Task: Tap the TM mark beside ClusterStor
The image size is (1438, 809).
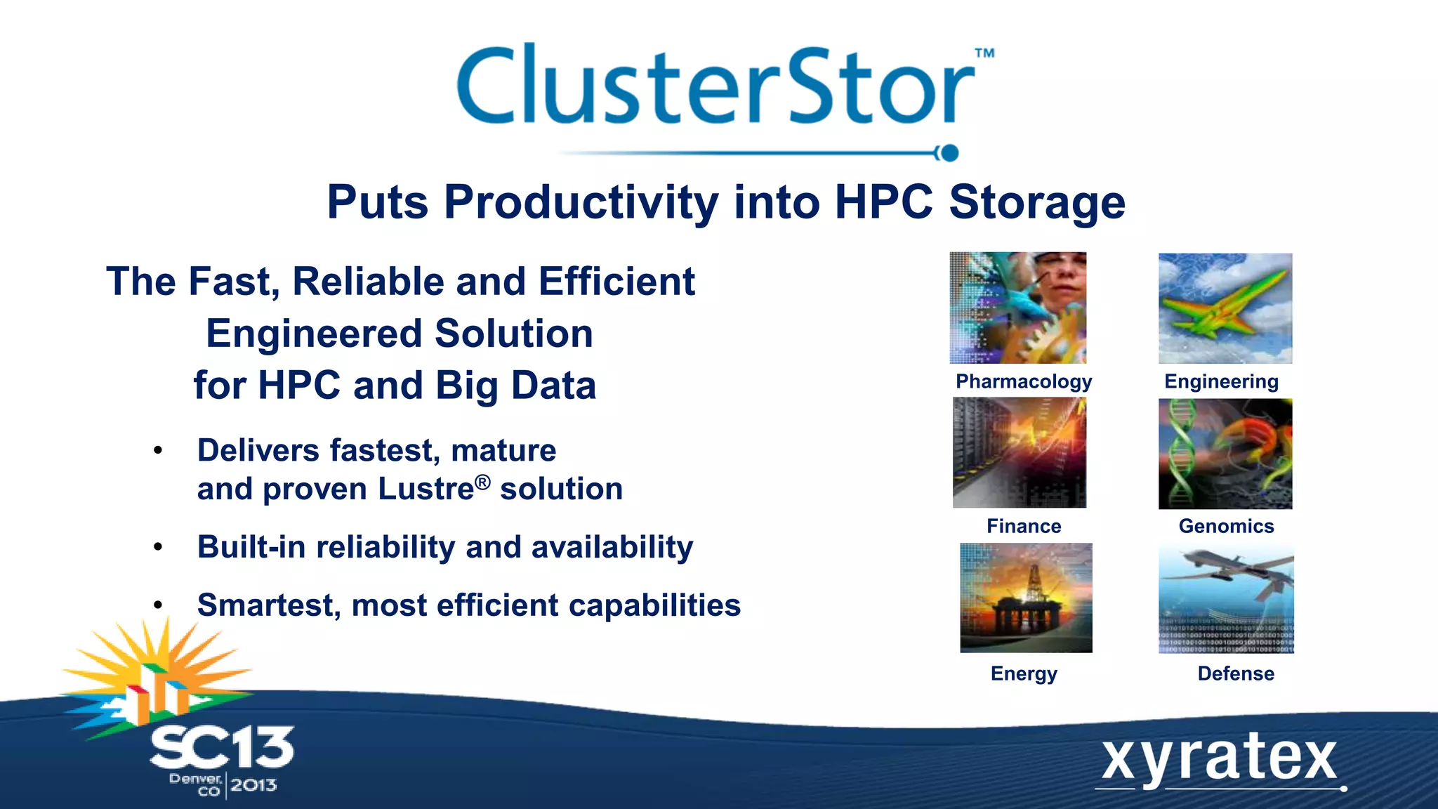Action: coord(984,53)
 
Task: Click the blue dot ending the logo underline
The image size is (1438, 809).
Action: coord(949,153)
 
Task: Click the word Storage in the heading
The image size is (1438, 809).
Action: coord(1037,203)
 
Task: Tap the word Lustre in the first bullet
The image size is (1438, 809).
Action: coord(426,489)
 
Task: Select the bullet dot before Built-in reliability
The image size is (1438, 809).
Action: coord(158,547)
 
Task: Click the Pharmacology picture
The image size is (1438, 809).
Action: coord(1017,308)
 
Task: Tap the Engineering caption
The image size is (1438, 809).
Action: coord(1221,381)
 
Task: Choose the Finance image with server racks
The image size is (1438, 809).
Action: coord(1019,452)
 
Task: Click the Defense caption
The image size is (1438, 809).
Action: coord(1235,673)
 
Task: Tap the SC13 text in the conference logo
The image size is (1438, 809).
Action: coord(222,748)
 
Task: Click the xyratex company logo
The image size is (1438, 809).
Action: coord(1219,760)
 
